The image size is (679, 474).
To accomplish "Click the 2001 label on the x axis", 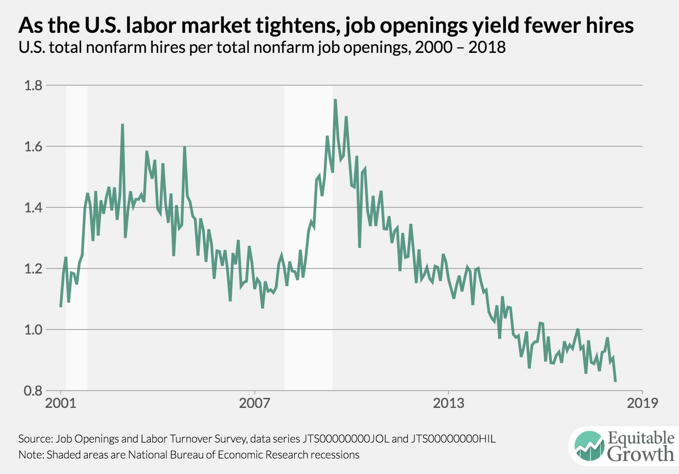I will coord(61,403).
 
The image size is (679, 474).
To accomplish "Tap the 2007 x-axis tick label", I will coord(254,403).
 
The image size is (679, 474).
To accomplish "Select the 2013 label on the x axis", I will coord(448,403).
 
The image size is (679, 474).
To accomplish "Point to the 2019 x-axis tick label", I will coord(643,403).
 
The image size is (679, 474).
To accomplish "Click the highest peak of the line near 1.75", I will coord(335,100).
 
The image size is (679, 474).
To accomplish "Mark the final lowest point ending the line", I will coord(615,381).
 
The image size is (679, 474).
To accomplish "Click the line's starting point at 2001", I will coord(61,306).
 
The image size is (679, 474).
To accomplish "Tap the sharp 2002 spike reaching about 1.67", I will coord(123,124).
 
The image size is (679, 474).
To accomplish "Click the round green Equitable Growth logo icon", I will coord(589,445).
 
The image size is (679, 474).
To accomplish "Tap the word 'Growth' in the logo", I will coord(641,454).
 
